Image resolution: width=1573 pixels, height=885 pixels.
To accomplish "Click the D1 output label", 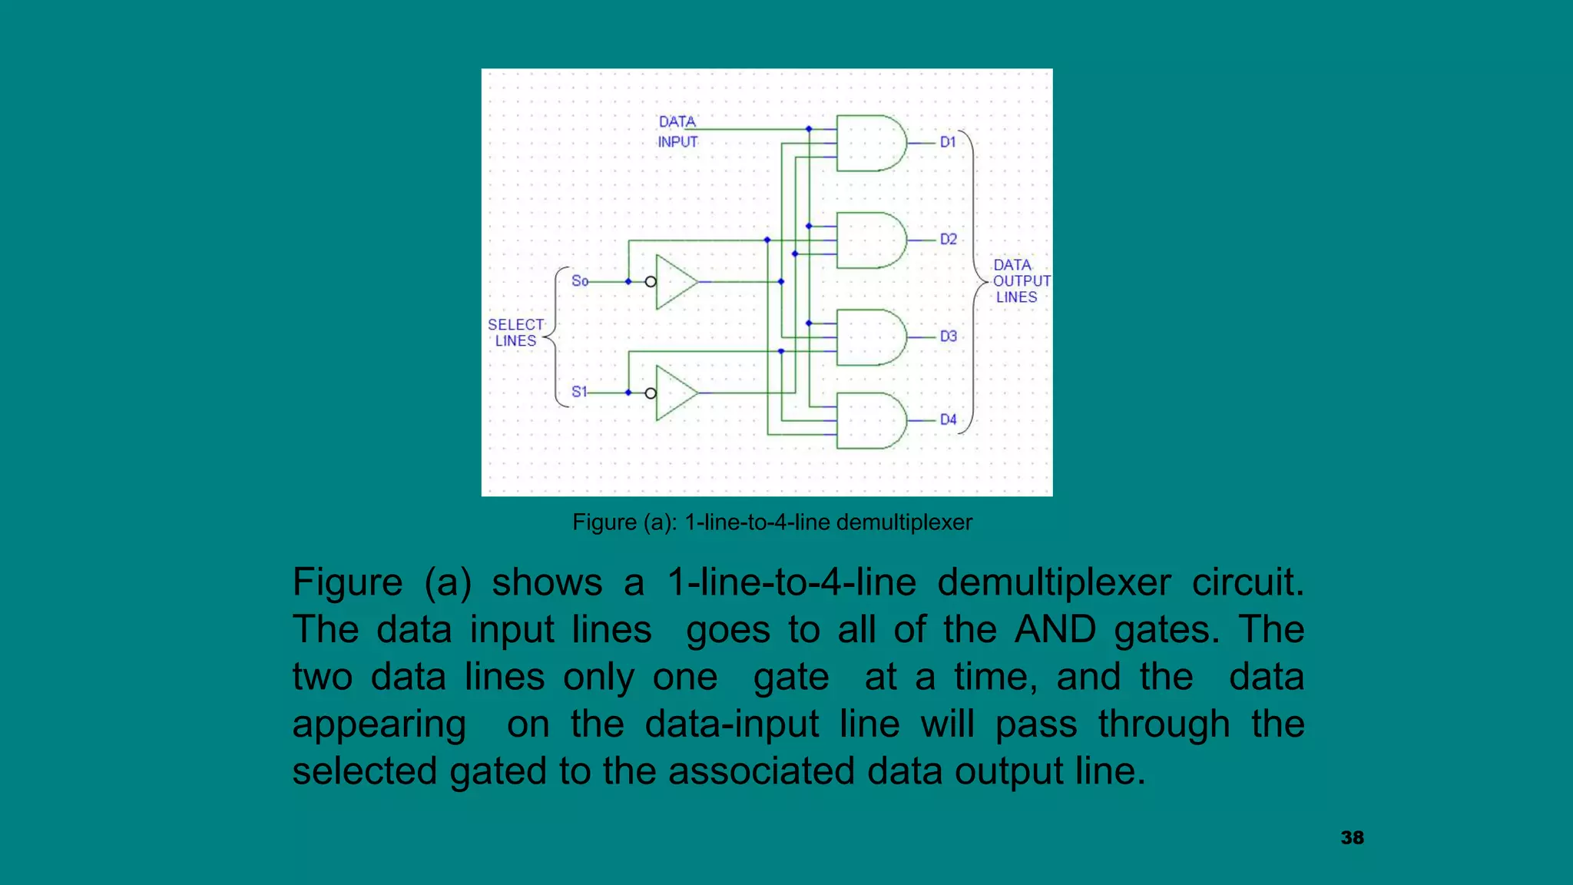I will tap(948, 142).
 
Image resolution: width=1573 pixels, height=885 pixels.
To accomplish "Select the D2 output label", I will tap(949, 240).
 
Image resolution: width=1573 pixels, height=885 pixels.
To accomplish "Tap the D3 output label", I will tap(949, 336).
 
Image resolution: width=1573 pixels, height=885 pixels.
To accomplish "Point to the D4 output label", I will tap(949, 419).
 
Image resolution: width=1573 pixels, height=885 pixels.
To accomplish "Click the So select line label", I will tap(580, 281).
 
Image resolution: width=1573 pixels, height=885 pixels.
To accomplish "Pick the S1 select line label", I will tap(579, 392).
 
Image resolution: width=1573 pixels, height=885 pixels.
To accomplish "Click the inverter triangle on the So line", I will tap(674, 282).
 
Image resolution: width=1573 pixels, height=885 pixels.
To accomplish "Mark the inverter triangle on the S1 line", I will tap(674, 393).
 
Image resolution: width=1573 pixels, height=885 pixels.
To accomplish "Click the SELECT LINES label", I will tap(516, 333).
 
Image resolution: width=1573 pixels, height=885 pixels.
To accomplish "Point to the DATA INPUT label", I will tap(677, 131).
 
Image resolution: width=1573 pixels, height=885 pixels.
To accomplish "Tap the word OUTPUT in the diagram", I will tap(1022, 281).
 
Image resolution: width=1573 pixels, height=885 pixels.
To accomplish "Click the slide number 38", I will tap(1352, 838).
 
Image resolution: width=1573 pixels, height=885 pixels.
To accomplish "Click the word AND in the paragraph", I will tap(1055, 630).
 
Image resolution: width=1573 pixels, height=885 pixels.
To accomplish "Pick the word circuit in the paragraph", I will tap(1247, 582).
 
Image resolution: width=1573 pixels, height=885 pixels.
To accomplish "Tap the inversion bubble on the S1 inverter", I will tap(651, 393).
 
